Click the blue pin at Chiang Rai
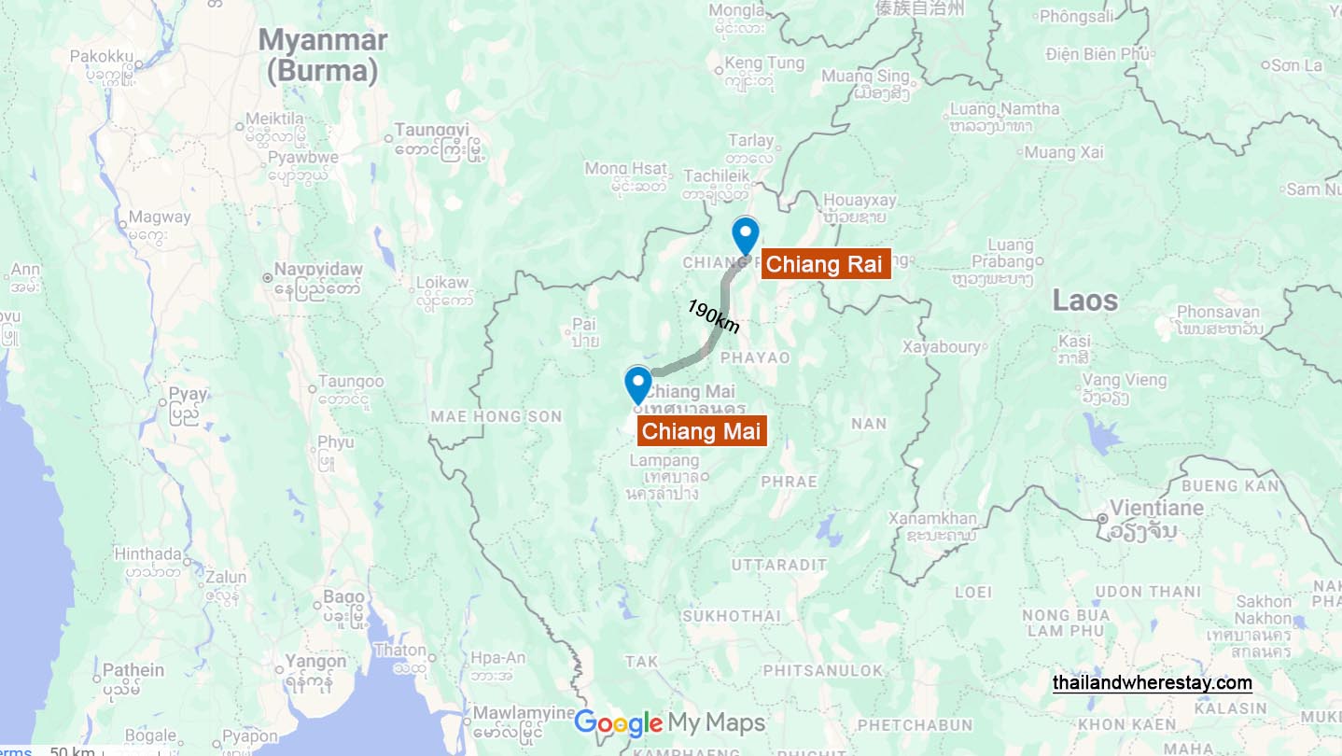(745, 233)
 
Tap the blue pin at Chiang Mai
(637, 384)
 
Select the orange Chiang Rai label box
(824, 264)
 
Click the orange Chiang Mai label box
(702, 431)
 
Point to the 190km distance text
(714, 316)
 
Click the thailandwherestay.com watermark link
(1153, 683)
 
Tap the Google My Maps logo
(669, 723)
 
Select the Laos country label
(1084, 300)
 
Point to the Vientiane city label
(1143, 509)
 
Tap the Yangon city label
(315, 662)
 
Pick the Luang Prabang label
(1010, 253)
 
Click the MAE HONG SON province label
(496, 416)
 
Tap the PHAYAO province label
(755, 357)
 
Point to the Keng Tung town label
(764, 63)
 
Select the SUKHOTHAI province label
(732, 616)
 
